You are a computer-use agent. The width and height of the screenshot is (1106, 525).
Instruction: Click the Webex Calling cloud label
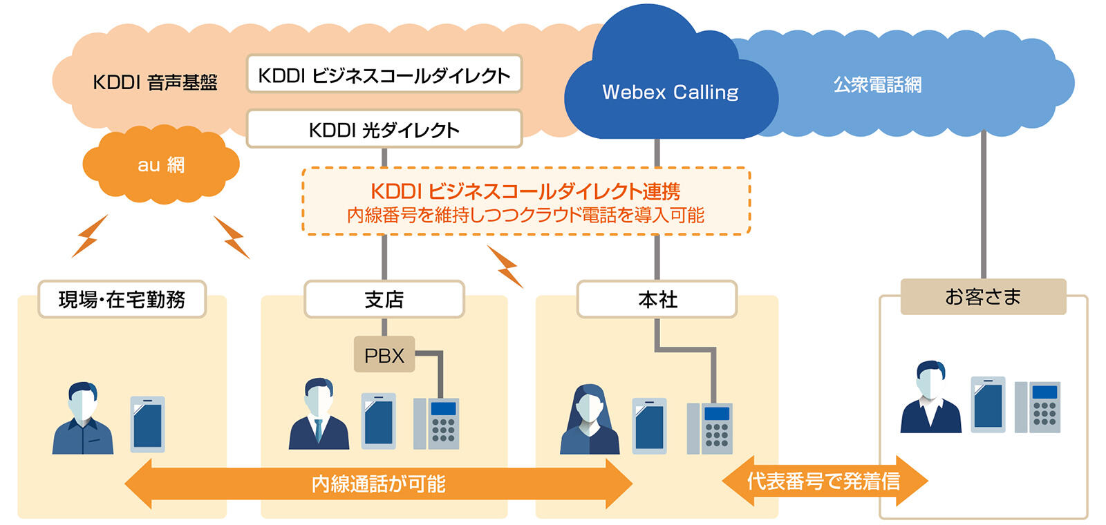click(x=670, y=92)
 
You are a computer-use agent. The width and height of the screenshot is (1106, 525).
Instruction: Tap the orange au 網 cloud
click(x=160, y=164)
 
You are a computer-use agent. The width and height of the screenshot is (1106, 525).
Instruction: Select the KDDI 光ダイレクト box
click(x=384, y=129)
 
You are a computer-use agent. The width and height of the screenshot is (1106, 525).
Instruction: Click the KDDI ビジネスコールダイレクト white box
click(x=384, y=75)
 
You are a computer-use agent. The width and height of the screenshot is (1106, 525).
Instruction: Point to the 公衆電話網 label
click(x=877, y=85)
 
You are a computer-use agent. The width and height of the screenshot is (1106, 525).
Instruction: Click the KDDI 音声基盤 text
click(x=155, y=82)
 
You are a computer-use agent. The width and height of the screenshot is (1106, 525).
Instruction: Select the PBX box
click(x=384, y=355)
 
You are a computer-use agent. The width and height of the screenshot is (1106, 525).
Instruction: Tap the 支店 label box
click(x=384, y=299)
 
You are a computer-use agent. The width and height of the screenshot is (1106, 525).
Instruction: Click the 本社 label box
click(x=657, y=299)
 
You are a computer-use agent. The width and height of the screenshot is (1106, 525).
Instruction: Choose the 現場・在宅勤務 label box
click(x=122, y=299)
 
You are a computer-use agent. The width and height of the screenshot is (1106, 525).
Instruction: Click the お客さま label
click(x=982, y=297)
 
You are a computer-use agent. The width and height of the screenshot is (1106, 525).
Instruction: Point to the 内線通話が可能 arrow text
click(x=378, y=484)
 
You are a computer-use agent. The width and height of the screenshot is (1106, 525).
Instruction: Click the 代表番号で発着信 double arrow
click(x=823, y=481)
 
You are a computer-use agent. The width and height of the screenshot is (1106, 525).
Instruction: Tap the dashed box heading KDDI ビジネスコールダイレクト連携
click(x=525, y=191)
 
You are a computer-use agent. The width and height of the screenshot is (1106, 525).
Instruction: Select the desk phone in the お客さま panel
click(x=1038, y=407)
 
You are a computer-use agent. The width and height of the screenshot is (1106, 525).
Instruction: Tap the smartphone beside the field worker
click(x=148, y=424)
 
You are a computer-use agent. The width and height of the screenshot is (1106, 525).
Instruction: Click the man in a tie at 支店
click(x=319, y=415)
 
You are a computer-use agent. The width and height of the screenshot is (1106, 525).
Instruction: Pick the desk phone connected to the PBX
click(x=436, y=423)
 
